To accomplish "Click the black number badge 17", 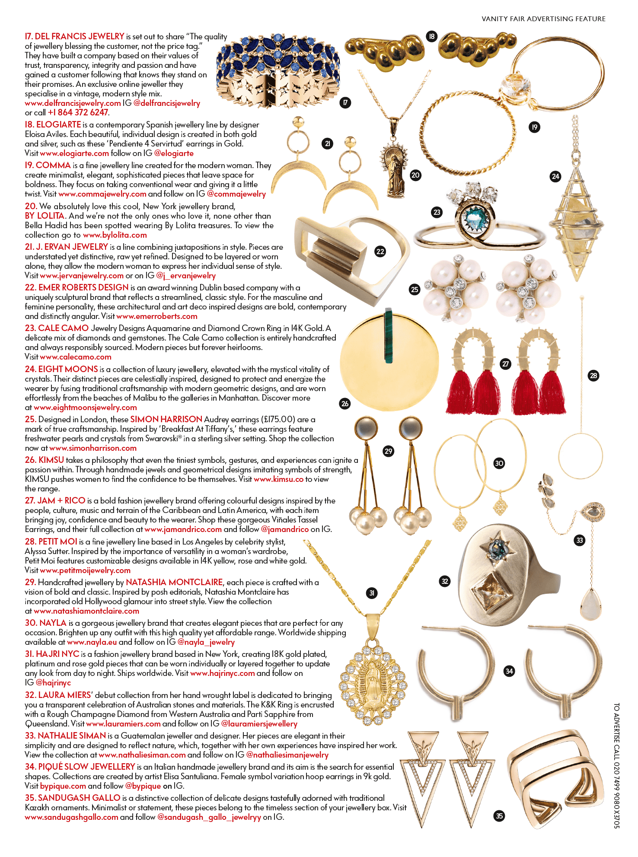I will (345, 103).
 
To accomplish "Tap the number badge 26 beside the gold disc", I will (345, 404).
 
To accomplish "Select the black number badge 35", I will (499, 816).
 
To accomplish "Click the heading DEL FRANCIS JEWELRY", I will (75, 37).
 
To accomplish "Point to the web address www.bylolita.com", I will (115, 235).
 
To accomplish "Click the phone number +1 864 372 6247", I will (78, 113).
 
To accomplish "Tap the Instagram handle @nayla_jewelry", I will (206, 642).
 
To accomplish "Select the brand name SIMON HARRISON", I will (166, 419).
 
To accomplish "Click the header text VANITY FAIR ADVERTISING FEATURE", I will (543, 19).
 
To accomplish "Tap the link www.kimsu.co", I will (278, 479).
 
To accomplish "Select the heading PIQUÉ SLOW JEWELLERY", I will (80, 767).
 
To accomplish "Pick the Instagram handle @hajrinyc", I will (53, 683).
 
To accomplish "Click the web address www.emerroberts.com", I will (156, 316).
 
